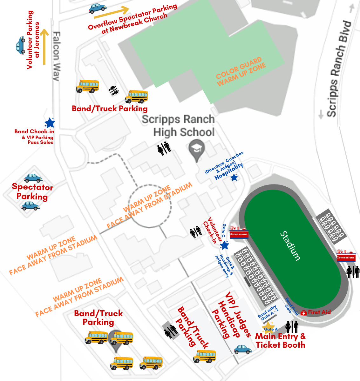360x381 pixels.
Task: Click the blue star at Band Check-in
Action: click(x=50, y=123)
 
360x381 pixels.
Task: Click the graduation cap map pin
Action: click(x=197, y=150)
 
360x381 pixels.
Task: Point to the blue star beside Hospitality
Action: click(x=234, y=178)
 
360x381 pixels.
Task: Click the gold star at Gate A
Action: click(x=269, y=327)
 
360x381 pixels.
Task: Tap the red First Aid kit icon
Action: click(x=303, y=313)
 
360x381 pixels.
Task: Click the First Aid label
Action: click(x=319, y=312)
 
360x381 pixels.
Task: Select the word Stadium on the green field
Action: click(x=290, y=246)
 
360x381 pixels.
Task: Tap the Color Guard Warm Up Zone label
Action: click(x=241, y=72)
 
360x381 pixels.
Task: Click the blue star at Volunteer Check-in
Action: click(x=225, y=245)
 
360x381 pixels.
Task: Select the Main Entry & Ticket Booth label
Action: click(x=280, y=341)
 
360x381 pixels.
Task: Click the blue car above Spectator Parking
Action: click(x=33, y=178)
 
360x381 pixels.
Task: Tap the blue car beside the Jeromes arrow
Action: click(x=21, y=45)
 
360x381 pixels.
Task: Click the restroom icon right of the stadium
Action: click(x=353, y=272)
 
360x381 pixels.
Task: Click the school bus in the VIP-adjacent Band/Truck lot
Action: click(x=205, y=356)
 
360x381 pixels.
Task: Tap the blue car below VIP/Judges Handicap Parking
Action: click(x=243, y=349)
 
